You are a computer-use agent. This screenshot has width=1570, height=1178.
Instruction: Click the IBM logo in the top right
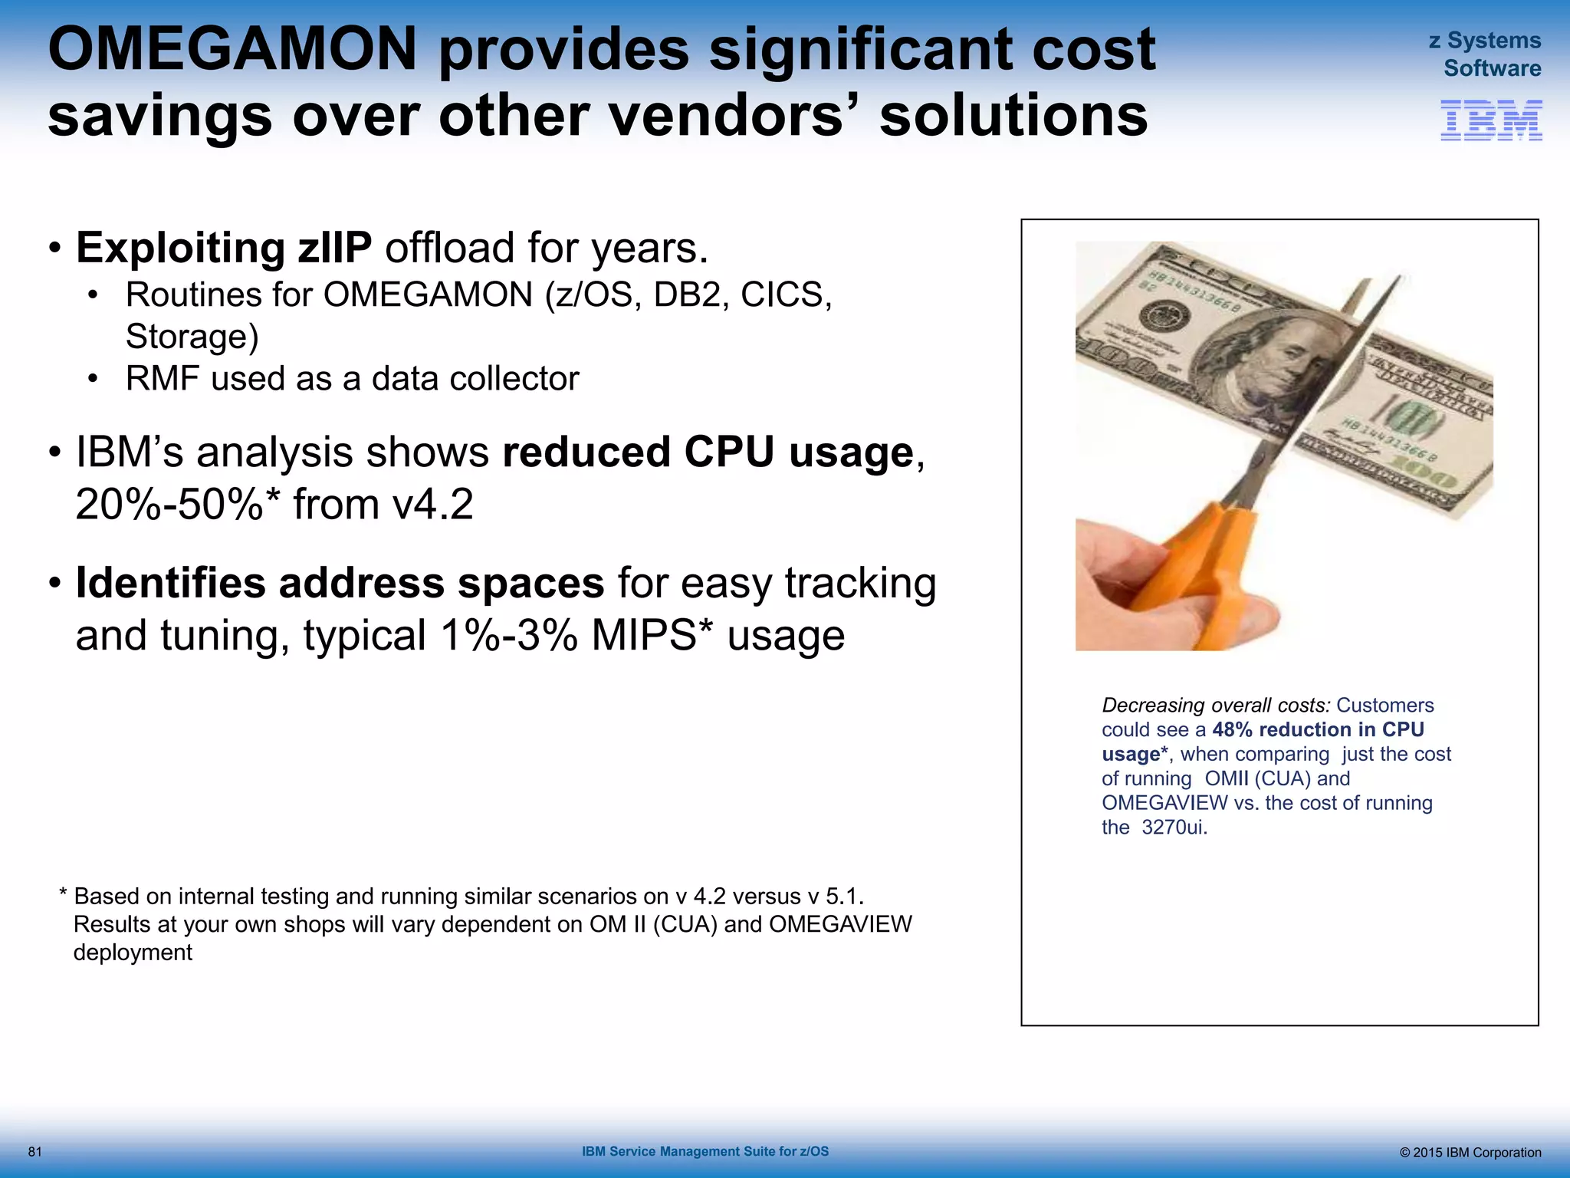(x=1491, y=120)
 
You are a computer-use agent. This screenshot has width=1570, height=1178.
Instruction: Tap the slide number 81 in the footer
(x=34, y=1152)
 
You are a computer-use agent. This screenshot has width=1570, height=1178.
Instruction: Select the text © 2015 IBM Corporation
(x=1470, y=1153)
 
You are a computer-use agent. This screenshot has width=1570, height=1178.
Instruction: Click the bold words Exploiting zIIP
(x=224, y=248)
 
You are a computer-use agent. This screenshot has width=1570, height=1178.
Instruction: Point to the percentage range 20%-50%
(x=169, y=505)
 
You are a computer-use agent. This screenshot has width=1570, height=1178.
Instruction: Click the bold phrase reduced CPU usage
(x=708, y=452)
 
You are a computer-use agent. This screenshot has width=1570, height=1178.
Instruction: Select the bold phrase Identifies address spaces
(x=340, y=584)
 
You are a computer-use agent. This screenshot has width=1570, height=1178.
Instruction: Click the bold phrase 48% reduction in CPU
(x=1318, y=729)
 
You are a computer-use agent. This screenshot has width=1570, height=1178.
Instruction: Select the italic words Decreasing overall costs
(x=1215, y=706)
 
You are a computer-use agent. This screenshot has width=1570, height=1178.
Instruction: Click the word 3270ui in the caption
(x=1174, y=828)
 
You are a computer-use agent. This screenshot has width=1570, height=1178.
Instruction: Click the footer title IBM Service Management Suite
(x=705, y=1152)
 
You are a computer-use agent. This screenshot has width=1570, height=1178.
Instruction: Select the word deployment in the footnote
(x=133, y=953)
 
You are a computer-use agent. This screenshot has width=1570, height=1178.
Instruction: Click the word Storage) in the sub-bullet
(x=192, y=337)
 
